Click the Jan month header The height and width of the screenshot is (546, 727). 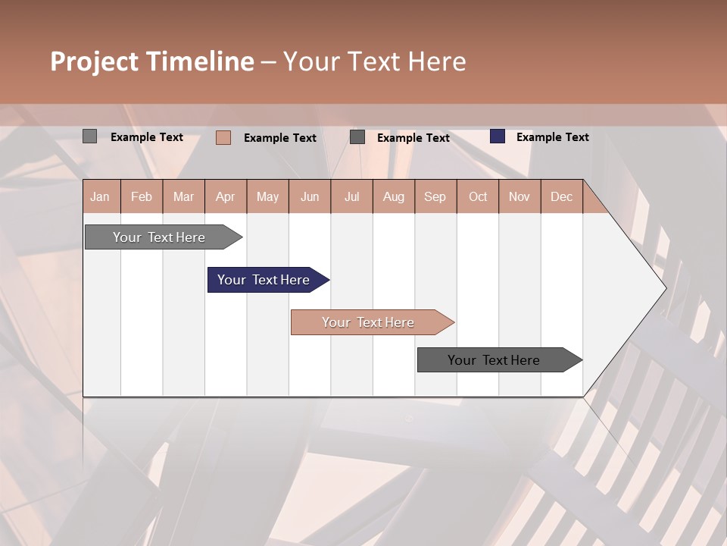point(100,196)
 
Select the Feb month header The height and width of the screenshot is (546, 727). point(142,196)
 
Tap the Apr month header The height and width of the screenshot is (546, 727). point(226,196)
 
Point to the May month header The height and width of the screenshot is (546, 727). point(267,196)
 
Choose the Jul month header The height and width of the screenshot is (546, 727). point(351,196)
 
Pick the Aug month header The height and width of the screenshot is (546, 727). point(394,196)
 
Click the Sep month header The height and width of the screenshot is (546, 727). point(435,196)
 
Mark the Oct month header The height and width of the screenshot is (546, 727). point(478,196)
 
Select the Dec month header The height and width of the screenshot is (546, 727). point(562,196)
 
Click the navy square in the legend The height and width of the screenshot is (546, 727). point(498,136)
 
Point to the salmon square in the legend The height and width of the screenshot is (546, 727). point(223,137)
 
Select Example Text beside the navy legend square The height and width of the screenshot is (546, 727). point(552,137)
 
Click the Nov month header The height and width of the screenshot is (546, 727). point(520,196)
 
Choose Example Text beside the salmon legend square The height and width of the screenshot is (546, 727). point(279,138)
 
